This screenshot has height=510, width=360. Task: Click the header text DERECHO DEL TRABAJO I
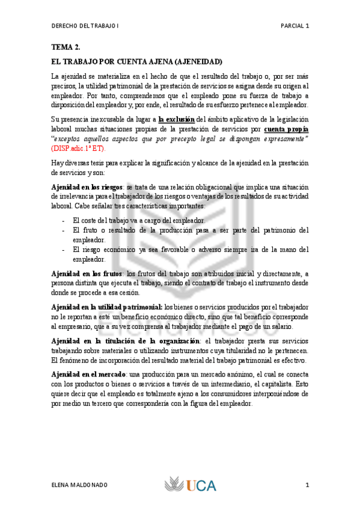point(85,26)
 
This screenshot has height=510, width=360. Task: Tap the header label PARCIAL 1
point(294,26)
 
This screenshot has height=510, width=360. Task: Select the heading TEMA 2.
point(66,47)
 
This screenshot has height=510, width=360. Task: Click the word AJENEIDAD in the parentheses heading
point(198,62)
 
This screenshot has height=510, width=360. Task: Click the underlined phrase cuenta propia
point(286,129)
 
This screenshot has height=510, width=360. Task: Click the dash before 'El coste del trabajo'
point(64,221)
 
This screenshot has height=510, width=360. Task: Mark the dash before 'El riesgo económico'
point(64,250)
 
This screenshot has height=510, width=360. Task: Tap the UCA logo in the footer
point(191,485)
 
